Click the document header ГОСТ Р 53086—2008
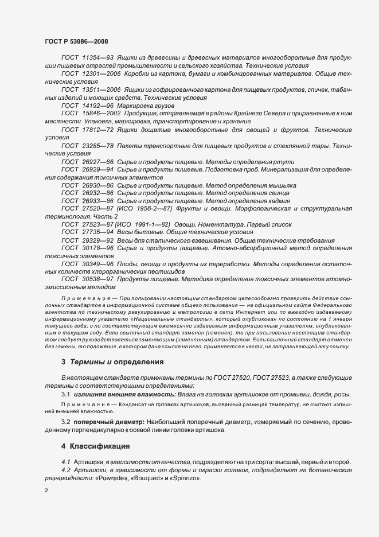click(76, 42)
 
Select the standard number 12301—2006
click(101, 75)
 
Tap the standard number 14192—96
click(97, 107)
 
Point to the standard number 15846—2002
click(101, 115)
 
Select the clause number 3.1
click(65, 394)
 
